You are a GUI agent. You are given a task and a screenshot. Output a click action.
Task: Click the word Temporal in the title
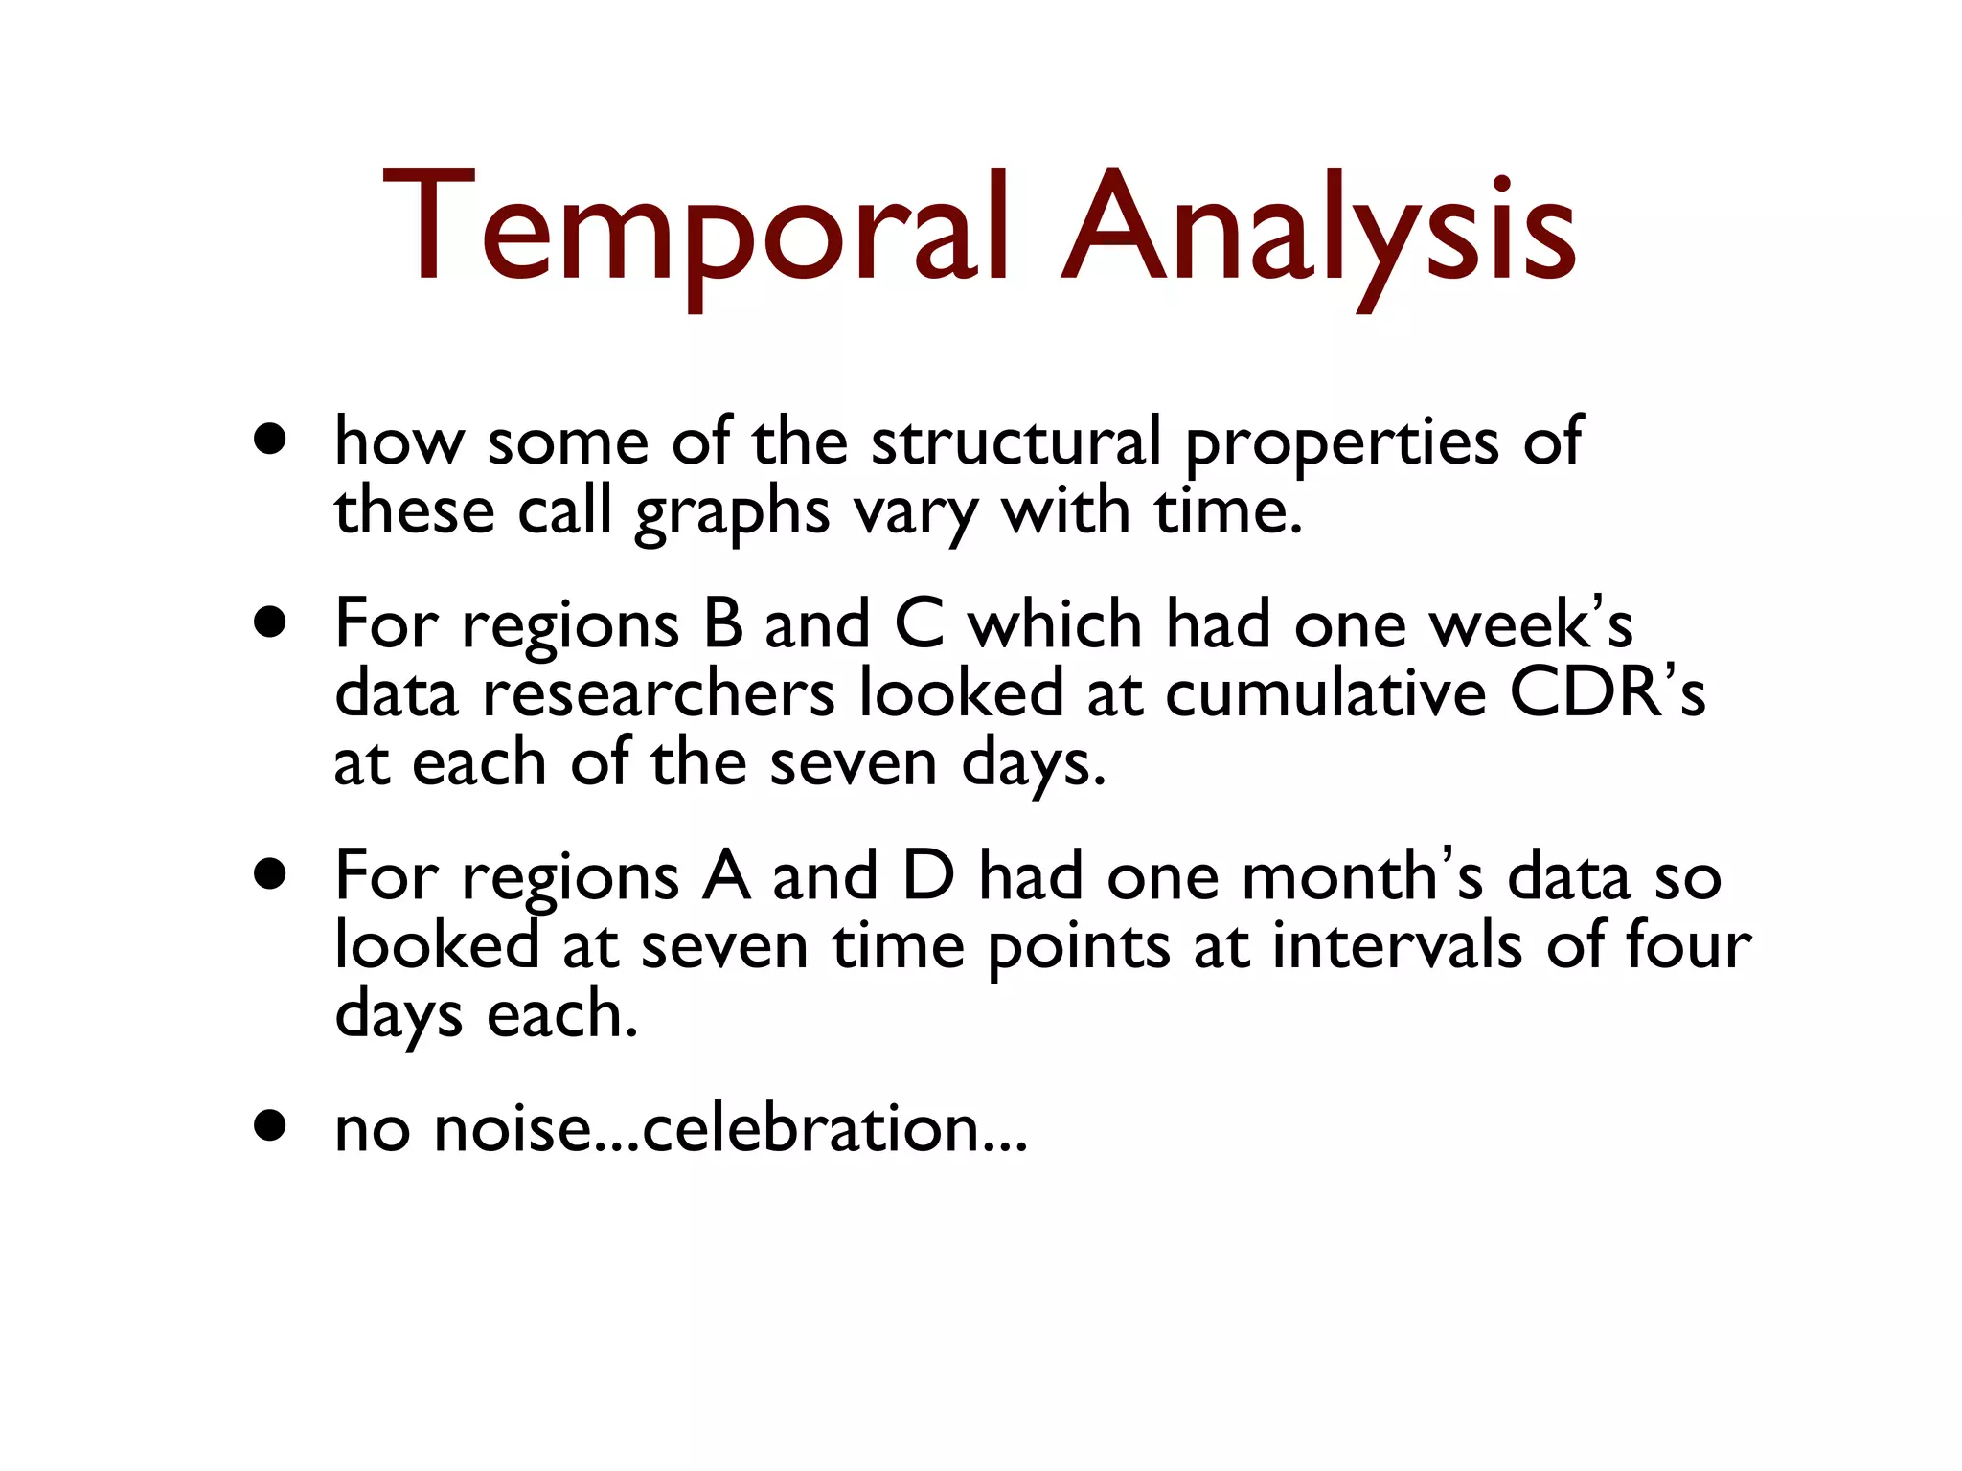click(695, 230)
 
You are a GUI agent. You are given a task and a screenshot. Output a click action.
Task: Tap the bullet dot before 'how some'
click(271, 440)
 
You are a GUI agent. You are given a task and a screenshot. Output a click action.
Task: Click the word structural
click(1015, 442)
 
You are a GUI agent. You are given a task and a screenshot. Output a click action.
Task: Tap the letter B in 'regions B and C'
click(723, 624)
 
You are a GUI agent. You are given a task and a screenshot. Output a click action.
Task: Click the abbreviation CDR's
click(1608, 693)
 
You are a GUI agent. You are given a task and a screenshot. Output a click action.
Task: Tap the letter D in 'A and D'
click(928, 875)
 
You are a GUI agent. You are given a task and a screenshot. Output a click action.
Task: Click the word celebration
click(810, 1128)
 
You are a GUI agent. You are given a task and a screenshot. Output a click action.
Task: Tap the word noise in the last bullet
click(513, 1128)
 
